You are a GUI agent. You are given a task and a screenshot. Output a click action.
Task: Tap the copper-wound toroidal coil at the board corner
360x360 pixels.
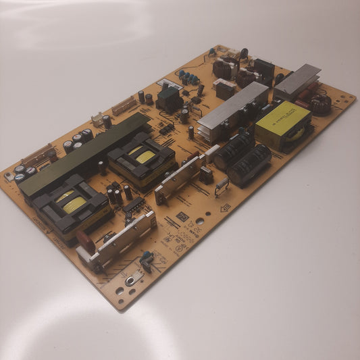[x=320, y=103]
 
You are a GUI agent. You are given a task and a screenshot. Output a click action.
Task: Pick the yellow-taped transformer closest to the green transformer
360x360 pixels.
[x=141, y=159]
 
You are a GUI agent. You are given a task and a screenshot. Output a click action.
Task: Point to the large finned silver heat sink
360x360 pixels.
[x=232, y=111]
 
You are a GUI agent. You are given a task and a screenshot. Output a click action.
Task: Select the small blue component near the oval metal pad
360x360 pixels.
[x=147, y=257]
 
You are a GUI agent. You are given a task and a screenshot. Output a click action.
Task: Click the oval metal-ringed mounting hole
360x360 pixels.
[x=130, y=279]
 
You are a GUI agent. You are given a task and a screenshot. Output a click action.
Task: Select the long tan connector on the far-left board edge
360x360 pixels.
[x=37, y=155]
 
